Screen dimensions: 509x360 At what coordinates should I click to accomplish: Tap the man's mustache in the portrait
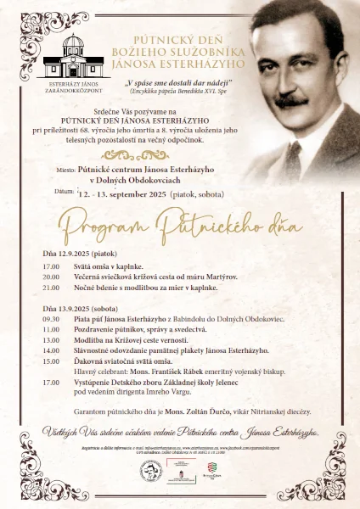click(x=292, y=101)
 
